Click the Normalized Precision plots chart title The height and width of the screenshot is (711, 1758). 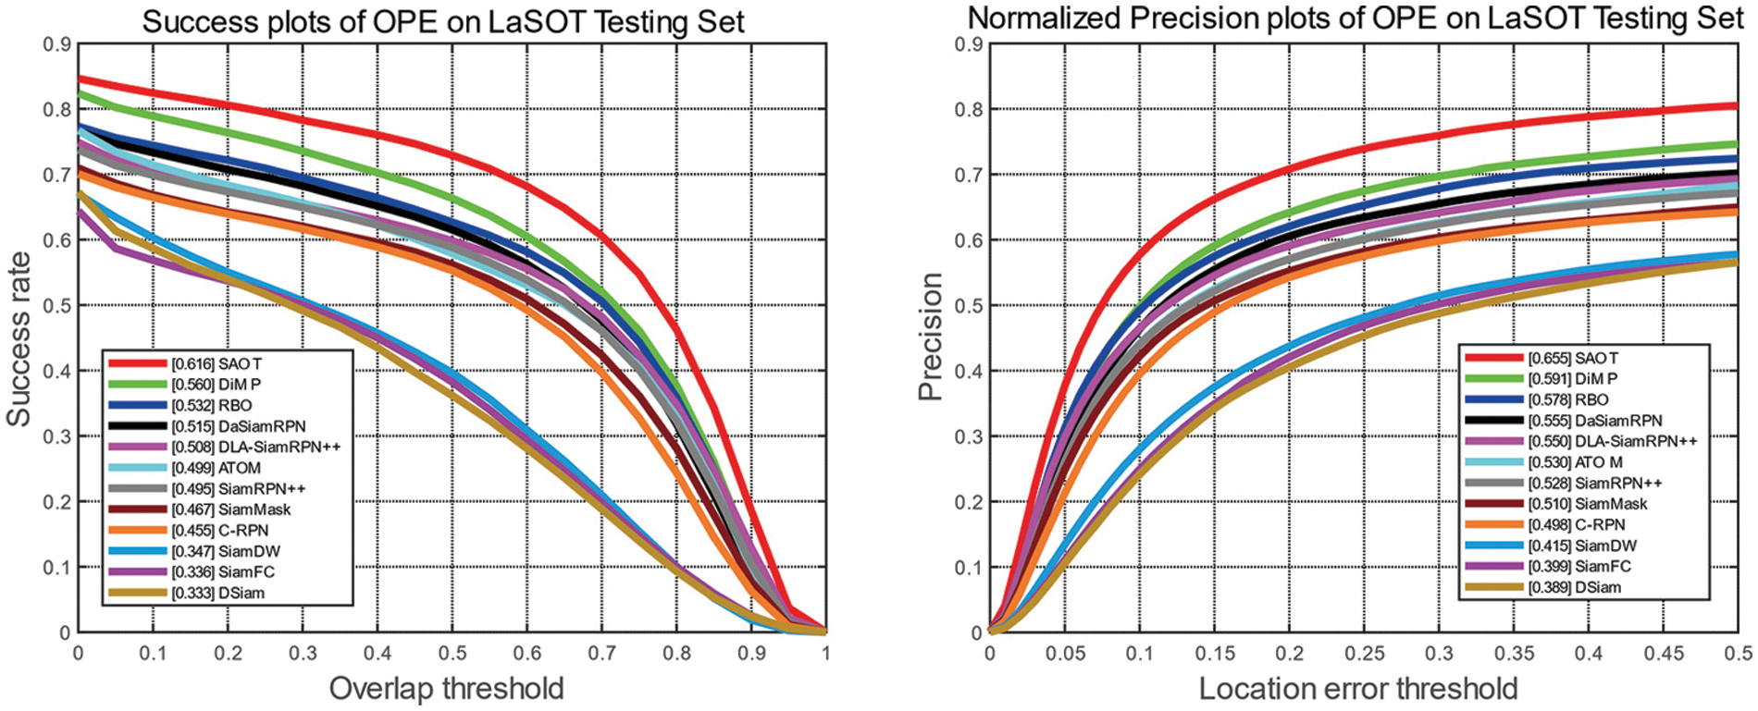(x=1356, y=18)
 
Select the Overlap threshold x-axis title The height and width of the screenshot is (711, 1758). (x=446, y=689)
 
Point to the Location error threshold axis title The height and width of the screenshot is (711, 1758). (x=1358, y=689)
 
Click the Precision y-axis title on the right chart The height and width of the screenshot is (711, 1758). (x=930, y=337)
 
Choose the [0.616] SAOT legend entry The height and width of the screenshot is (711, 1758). (x=217, y=364)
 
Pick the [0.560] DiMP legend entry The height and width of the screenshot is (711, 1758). (x=216, y=385)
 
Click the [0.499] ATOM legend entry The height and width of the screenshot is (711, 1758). (x=216, y=468)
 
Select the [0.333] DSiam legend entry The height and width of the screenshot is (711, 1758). (x=217, y=593)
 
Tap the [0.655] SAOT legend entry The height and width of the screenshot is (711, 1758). (x=1573, y=358)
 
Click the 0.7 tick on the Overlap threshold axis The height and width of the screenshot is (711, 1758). (x=602, y=654)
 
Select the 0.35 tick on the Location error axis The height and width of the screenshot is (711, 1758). (x=1513, y=654)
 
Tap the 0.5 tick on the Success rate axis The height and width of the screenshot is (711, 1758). (x=57, y=305)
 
